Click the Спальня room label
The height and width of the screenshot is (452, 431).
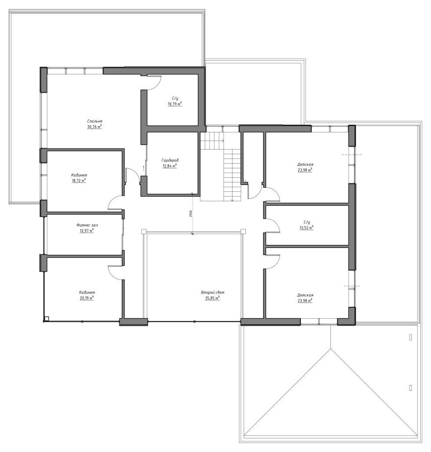(x=95, y=121)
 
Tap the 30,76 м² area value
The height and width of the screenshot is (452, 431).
(x=95, y=126)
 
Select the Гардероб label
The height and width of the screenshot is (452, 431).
(x=170, y=160)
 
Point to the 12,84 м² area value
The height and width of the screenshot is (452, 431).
(x=170, y=165)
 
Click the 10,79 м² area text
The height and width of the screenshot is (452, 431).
(x=175, y=104)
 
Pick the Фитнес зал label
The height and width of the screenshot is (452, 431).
(x=85, y=225)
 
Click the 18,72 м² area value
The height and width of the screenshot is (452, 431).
(x=79, y=180)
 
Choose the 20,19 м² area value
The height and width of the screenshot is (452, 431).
(x=87, y=298)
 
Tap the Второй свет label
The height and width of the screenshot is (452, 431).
(x=213, y=293)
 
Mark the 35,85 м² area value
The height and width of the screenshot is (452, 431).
(x=213, y=298)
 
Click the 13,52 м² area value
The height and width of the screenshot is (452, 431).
(x=306, y=227)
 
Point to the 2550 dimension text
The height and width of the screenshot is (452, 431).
(x=191, y=214)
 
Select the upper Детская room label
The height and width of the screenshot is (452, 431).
(x=306, y=164)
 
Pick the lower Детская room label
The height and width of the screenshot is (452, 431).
(x=306, y=295)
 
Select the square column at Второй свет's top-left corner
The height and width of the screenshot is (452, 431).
(x=144, y=232)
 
